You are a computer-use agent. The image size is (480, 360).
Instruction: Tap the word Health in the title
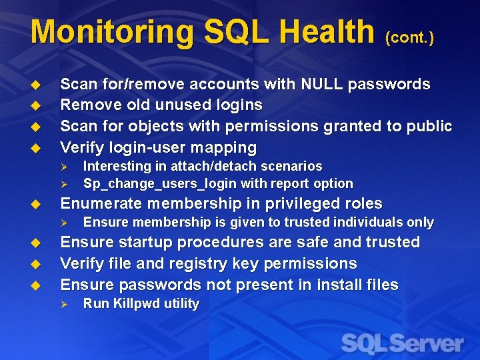click(326, 32)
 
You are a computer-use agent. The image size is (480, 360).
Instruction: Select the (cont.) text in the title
click(409, 38)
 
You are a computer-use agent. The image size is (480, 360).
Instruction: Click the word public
click(427, 126)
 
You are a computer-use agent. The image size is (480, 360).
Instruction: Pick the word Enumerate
click(99, 203)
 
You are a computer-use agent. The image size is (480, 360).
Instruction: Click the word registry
click(197, 263)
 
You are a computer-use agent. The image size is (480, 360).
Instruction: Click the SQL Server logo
click(402, 343)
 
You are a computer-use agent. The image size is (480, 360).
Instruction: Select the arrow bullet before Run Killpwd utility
click(65, 304)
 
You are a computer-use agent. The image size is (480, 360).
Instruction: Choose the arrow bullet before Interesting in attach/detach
click(65, 167)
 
